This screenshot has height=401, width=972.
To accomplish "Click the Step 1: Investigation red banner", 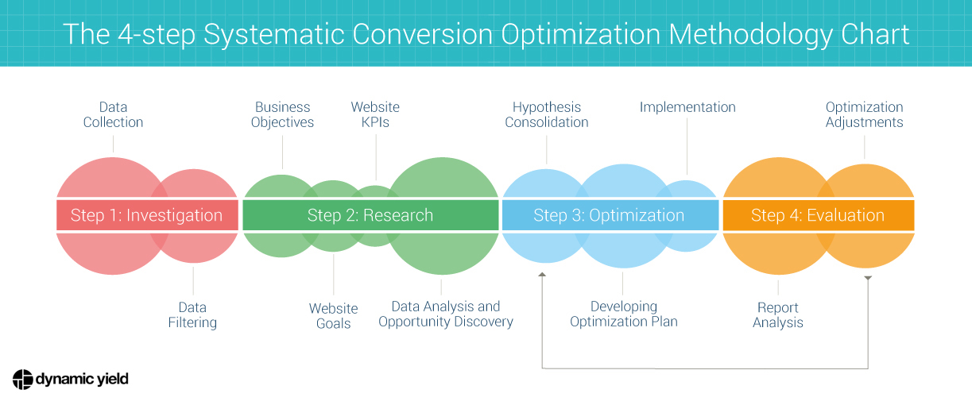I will [x=147, y=215].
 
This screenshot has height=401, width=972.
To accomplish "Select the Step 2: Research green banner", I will [x=370, y=215].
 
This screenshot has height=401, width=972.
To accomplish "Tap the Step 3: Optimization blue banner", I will [x=609, y=215].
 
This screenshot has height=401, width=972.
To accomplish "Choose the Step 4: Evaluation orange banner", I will [x=818, y=215].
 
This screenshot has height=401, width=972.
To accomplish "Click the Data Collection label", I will [x=113, y=114].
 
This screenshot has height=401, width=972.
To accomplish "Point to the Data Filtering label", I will [x=192, y=314].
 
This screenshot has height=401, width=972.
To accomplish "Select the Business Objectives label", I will [x=282, y=114].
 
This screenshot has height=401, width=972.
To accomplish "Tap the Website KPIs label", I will [x=375, y=114].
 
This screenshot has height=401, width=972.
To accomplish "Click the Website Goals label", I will [x=333, y=315].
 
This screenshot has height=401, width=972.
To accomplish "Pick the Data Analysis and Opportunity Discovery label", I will [x=445, y=314].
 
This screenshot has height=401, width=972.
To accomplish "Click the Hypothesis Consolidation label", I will [x=547, y=114].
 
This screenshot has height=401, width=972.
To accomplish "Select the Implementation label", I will [x=687, y=107].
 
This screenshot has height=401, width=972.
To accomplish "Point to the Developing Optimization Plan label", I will [x=624, y=314].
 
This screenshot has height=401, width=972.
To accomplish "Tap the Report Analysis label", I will [x=778, y=314].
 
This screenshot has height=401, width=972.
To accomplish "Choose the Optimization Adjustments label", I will [x=864, y=114].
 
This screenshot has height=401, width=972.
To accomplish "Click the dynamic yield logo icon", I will [x=22, y=380].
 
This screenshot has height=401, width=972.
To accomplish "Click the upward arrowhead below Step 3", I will [x=542, y=275].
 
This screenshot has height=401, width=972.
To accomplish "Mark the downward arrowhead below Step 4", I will [x=868, y=278].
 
